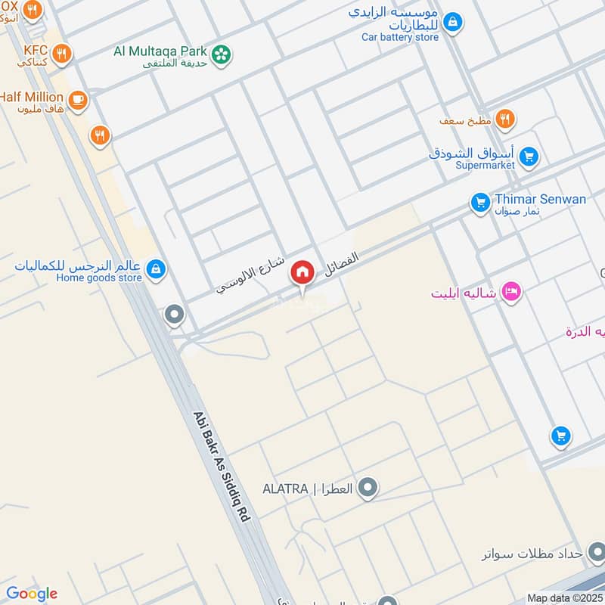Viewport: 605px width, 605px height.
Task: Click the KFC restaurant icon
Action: pos(63,54)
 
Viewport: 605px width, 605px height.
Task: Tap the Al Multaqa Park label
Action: pos(160,51)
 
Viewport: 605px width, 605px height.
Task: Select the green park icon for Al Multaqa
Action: pos(221,54)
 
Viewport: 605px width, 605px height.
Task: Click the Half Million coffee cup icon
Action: pos(77,99)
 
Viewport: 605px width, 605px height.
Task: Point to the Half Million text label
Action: pos(31,98)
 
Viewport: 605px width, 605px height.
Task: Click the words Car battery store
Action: pos(400,36)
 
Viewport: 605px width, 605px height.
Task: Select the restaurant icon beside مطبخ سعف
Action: pos(505,118)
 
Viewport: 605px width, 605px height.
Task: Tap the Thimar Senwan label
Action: pos(540,199)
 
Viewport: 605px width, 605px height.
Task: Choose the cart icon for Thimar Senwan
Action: pos(479,202)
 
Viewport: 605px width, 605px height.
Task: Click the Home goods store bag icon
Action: pos(155,269)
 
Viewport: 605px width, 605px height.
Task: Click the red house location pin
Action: pos(302,273)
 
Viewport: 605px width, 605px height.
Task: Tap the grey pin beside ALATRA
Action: pos(368,488)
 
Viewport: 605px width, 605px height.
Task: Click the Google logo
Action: pos(31,594)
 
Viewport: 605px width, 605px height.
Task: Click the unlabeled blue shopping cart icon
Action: pos(560,436)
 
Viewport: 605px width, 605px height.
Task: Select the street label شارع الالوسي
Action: pos(250,275)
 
